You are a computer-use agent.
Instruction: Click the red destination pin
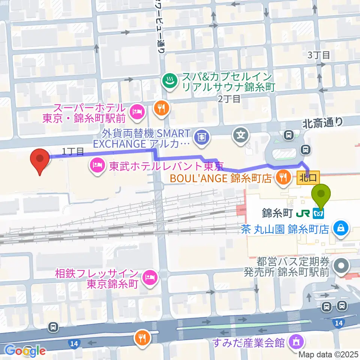40,160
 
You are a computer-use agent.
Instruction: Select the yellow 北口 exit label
308,175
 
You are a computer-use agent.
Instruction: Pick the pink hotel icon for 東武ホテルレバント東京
96,165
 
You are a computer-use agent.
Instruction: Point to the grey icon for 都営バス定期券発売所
342,266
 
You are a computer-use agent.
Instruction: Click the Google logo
25,351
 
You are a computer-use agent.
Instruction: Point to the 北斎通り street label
323,121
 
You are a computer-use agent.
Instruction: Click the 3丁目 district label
319,55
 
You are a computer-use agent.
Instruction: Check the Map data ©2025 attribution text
328,354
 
